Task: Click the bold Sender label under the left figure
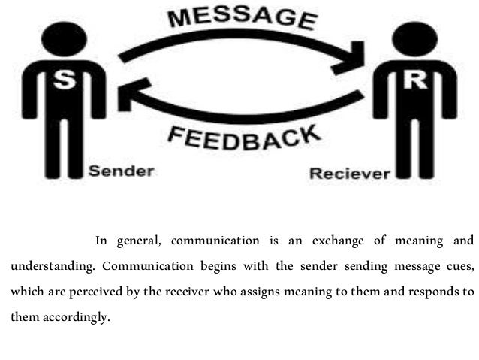point(122,171)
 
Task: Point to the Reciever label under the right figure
point(350,174)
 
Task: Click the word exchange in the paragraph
point(335,241)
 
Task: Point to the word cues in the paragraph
point(461,267)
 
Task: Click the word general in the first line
point(140,241)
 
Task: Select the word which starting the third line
point(27,292)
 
